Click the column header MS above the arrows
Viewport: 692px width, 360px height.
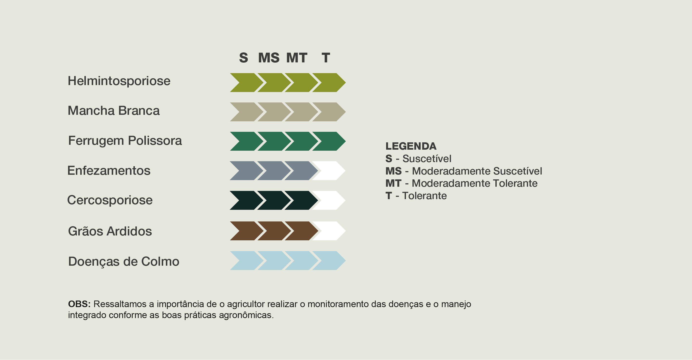269,58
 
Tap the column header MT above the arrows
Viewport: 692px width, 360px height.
297,58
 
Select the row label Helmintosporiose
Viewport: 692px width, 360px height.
119,81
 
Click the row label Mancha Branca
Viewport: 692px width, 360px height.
114,111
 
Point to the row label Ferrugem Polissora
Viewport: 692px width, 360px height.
125,141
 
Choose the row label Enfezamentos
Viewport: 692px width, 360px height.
109,170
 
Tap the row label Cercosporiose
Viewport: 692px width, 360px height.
110,200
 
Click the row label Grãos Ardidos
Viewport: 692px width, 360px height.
110,231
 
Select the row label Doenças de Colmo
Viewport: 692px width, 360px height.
124,262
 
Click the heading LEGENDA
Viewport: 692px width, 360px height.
411,146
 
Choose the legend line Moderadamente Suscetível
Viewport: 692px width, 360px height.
464,171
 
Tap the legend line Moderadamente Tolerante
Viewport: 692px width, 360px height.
461,183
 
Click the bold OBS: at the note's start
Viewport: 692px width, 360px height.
79,304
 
